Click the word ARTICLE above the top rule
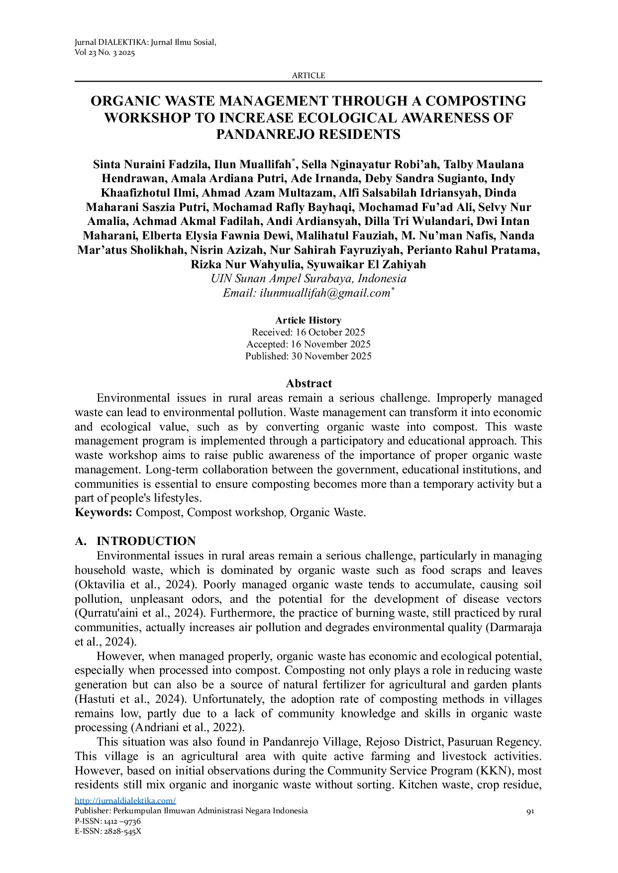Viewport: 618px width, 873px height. coord(308,75)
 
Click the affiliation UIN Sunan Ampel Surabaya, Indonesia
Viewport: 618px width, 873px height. coord(309,279)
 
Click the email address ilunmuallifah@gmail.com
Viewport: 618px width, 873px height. coord(324,293)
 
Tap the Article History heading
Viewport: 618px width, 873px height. coord(308,320)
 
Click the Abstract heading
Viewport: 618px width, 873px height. coord(309,383)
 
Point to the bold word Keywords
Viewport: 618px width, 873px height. coord(103,512)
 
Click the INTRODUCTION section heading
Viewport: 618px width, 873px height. coord(146,541)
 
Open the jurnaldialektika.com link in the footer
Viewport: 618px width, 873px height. coord(125,800)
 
